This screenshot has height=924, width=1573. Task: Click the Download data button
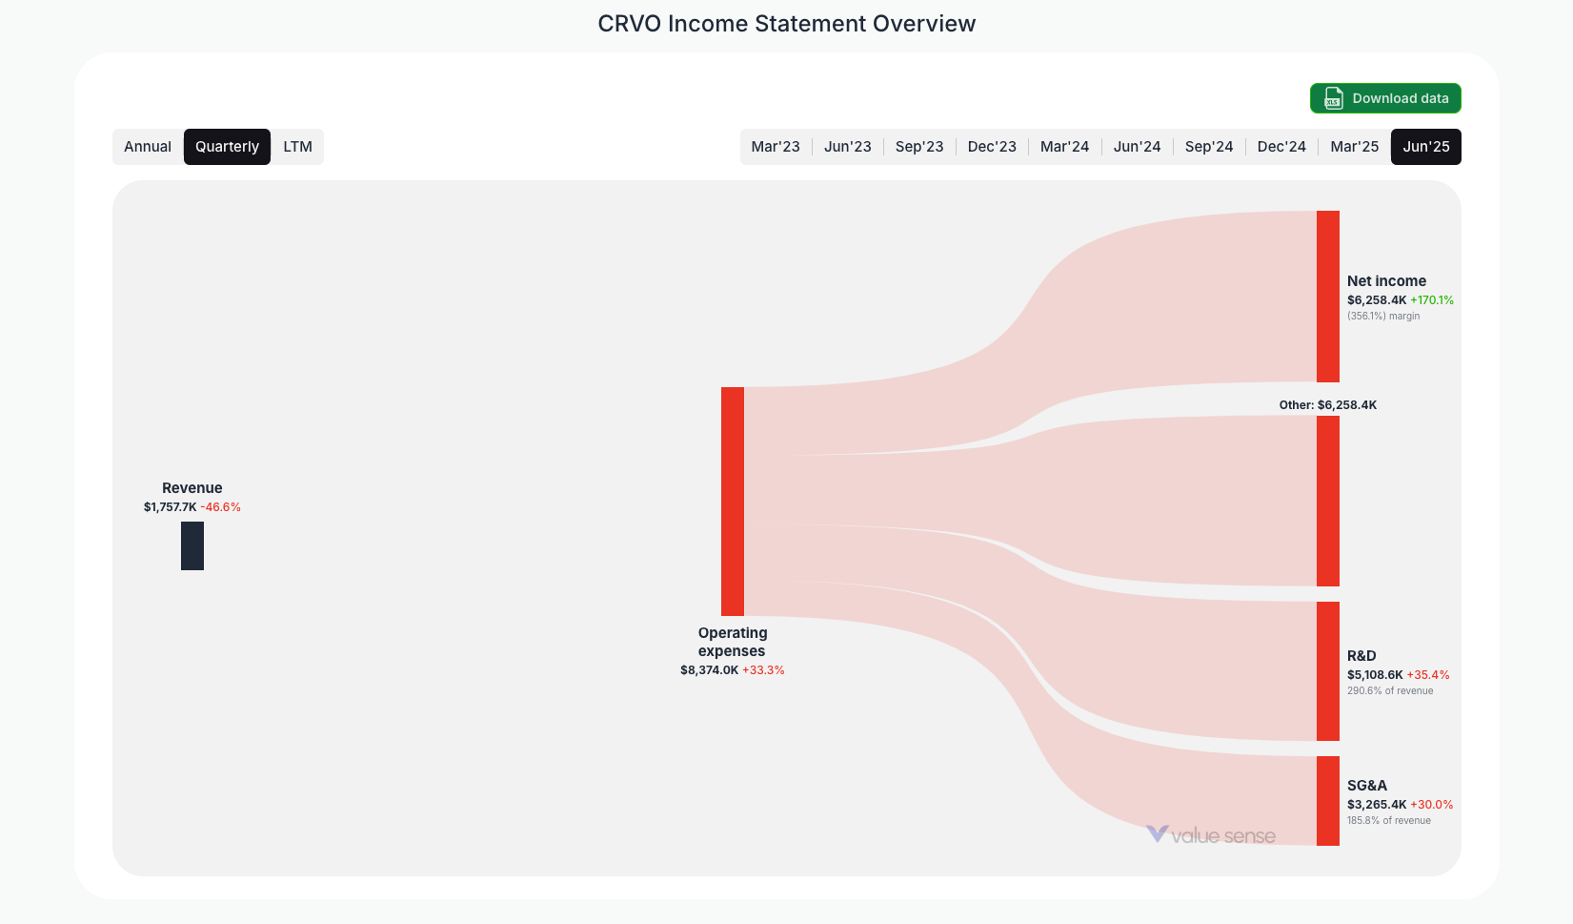tap(1385, 98)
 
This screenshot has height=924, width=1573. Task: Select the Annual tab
tap(148, 147)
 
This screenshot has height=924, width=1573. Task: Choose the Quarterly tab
tap(227, 147)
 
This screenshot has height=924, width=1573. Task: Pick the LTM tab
tap(297, 147)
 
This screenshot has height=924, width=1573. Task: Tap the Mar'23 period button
tap(776, 147)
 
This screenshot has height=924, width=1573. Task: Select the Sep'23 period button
tap(919, 147)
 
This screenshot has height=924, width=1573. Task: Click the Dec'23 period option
tap(992, 147)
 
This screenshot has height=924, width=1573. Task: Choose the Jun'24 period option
tap(1137, 147)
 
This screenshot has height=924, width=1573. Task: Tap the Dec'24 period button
tap(1281, 147)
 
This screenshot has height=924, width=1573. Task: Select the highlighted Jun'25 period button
tap(1426, 147)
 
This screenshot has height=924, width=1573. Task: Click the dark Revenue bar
tap(192, 545)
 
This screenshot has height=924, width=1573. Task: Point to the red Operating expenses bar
tap(733, 501)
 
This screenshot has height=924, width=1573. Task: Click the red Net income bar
tap(1328, 296)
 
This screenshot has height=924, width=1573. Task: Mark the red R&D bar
tap(1328, 670)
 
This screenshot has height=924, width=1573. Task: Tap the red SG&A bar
tap(1328, 800)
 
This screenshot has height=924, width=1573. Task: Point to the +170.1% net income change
tap(1432, 300)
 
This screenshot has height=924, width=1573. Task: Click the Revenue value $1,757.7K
tap(170, 507)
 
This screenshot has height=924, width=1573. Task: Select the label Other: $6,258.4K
tap(1327, 405)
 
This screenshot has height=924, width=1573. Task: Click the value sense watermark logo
tap(1211, 835)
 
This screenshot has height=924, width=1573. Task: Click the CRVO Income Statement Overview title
tap(786, 24)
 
